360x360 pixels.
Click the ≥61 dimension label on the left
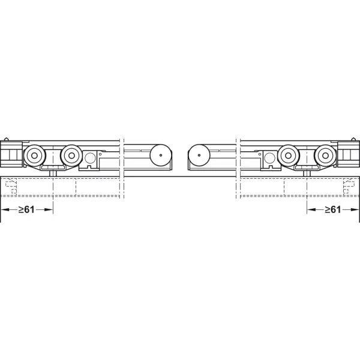point(26,209)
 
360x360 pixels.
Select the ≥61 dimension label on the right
point(333,209)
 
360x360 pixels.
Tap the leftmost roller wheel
point(34,155)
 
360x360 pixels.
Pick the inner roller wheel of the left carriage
point(71,155)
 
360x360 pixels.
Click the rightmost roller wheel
point(325,155)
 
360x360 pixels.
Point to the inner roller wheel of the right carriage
point(288,155)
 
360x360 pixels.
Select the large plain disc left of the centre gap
point(161,155)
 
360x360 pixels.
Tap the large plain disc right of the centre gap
point(199,155)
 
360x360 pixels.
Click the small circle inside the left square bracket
point(90,158)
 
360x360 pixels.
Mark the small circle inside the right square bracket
point(269,158)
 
